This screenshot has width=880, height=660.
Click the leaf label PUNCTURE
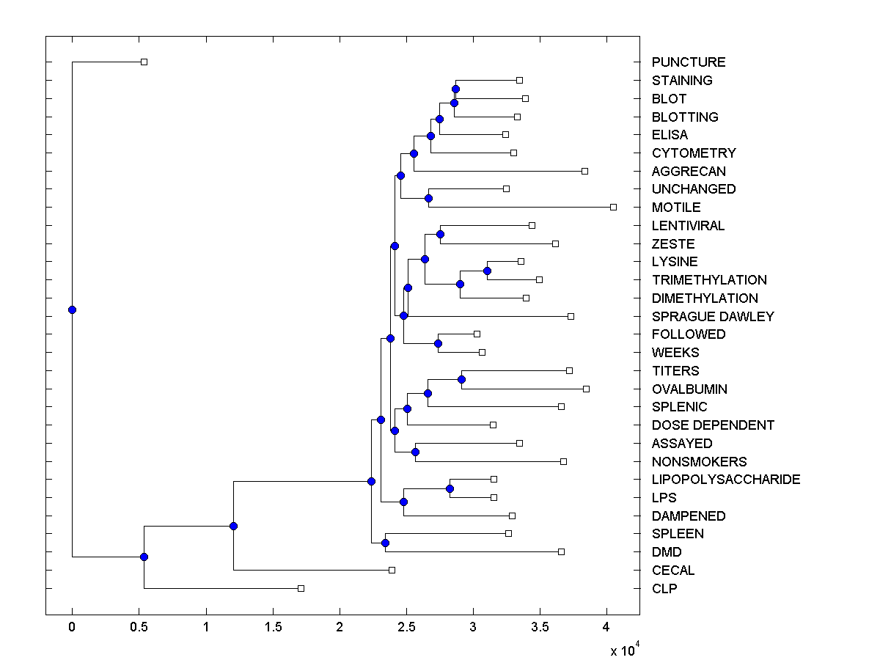tap(689, 62)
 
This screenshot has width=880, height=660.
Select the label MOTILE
tap(676, 208)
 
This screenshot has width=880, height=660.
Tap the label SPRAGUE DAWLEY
tap(713, 317)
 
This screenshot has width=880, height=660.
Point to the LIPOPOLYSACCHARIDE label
tap(726, 480)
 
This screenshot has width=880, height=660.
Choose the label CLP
tap(664, 588)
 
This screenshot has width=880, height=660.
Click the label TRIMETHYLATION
tap(709, 280)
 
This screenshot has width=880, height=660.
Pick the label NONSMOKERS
tap(699, 462)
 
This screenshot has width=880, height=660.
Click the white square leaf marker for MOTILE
tap(613, 207)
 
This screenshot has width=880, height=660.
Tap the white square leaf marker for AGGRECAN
tap(584, 171)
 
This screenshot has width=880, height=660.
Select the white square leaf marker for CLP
tap(301, 588)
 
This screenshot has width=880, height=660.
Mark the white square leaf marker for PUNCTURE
tap(144, 62)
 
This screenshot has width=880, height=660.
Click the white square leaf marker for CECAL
tap(392, 570)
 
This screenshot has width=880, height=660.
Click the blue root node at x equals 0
tap(72, 309)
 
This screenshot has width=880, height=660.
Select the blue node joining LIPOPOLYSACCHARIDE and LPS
tap(450, 488)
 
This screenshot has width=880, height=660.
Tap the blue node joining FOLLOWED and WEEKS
tap(438, 343)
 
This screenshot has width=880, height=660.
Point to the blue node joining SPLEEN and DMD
tap(385, 543)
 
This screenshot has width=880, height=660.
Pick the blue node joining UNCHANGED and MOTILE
tap(428, 198)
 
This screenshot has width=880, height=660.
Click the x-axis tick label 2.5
tap(406, 628)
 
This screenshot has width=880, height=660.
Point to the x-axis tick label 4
tap(606, 628)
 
